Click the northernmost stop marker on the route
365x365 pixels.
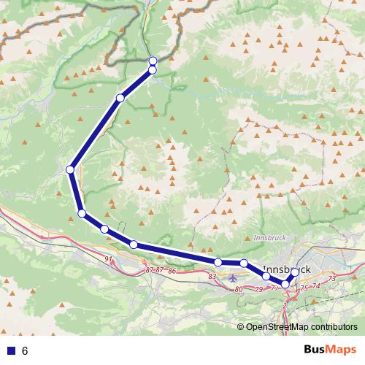153,61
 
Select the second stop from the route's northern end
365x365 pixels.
153,69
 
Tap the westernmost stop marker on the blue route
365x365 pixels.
70,169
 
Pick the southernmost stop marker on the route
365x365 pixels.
285,284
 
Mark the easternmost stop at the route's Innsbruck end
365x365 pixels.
294,272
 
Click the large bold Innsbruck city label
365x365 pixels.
286,269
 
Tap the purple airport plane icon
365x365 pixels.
233,277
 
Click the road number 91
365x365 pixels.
109,259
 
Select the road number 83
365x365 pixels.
212,277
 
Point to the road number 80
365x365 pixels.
239,290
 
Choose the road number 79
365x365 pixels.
258,290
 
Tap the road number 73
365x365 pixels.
331,279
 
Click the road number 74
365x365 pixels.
316,285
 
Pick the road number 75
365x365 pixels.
304,288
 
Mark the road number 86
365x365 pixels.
172,271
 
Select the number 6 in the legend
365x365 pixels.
25,351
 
